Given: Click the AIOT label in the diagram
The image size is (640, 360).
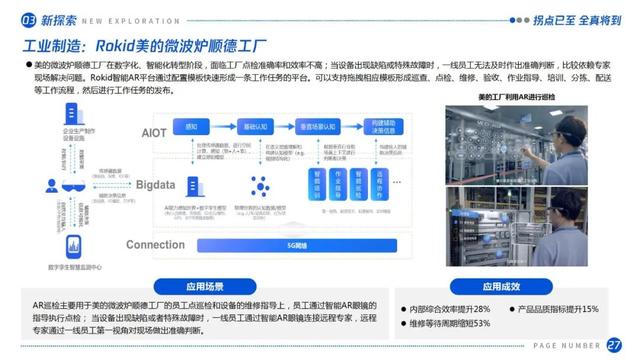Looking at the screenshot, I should tap(154, 132).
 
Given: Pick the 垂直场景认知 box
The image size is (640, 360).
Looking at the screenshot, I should tap(311, 127).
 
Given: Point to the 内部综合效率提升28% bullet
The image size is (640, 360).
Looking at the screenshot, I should tap(451, 309).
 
